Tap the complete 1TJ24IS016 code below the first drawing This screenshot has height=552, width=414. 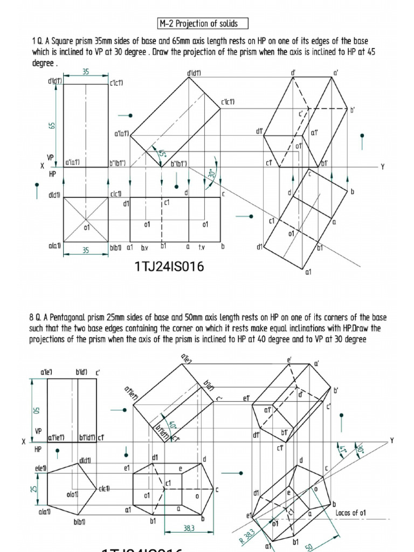[169, 266]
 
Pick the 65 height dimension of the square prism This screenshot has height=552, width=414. [52, 125]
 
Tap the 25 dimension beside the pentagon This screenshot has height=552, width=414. [34, 488]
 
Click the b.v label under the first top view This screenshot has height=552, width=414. [144, 247]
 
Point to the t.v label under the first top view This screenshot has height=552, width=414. [203, 247]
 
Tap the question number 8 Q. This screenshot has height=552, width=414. [36, 318]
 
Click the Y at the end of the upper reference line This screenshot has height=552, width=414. [383, 167]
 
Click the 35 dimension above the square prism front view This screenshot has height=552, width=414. [86, 72]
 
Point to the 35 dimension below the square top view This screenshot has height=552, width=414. [86, 250]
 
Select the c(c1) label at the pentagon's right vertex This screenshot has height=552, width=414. [104, 488]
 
